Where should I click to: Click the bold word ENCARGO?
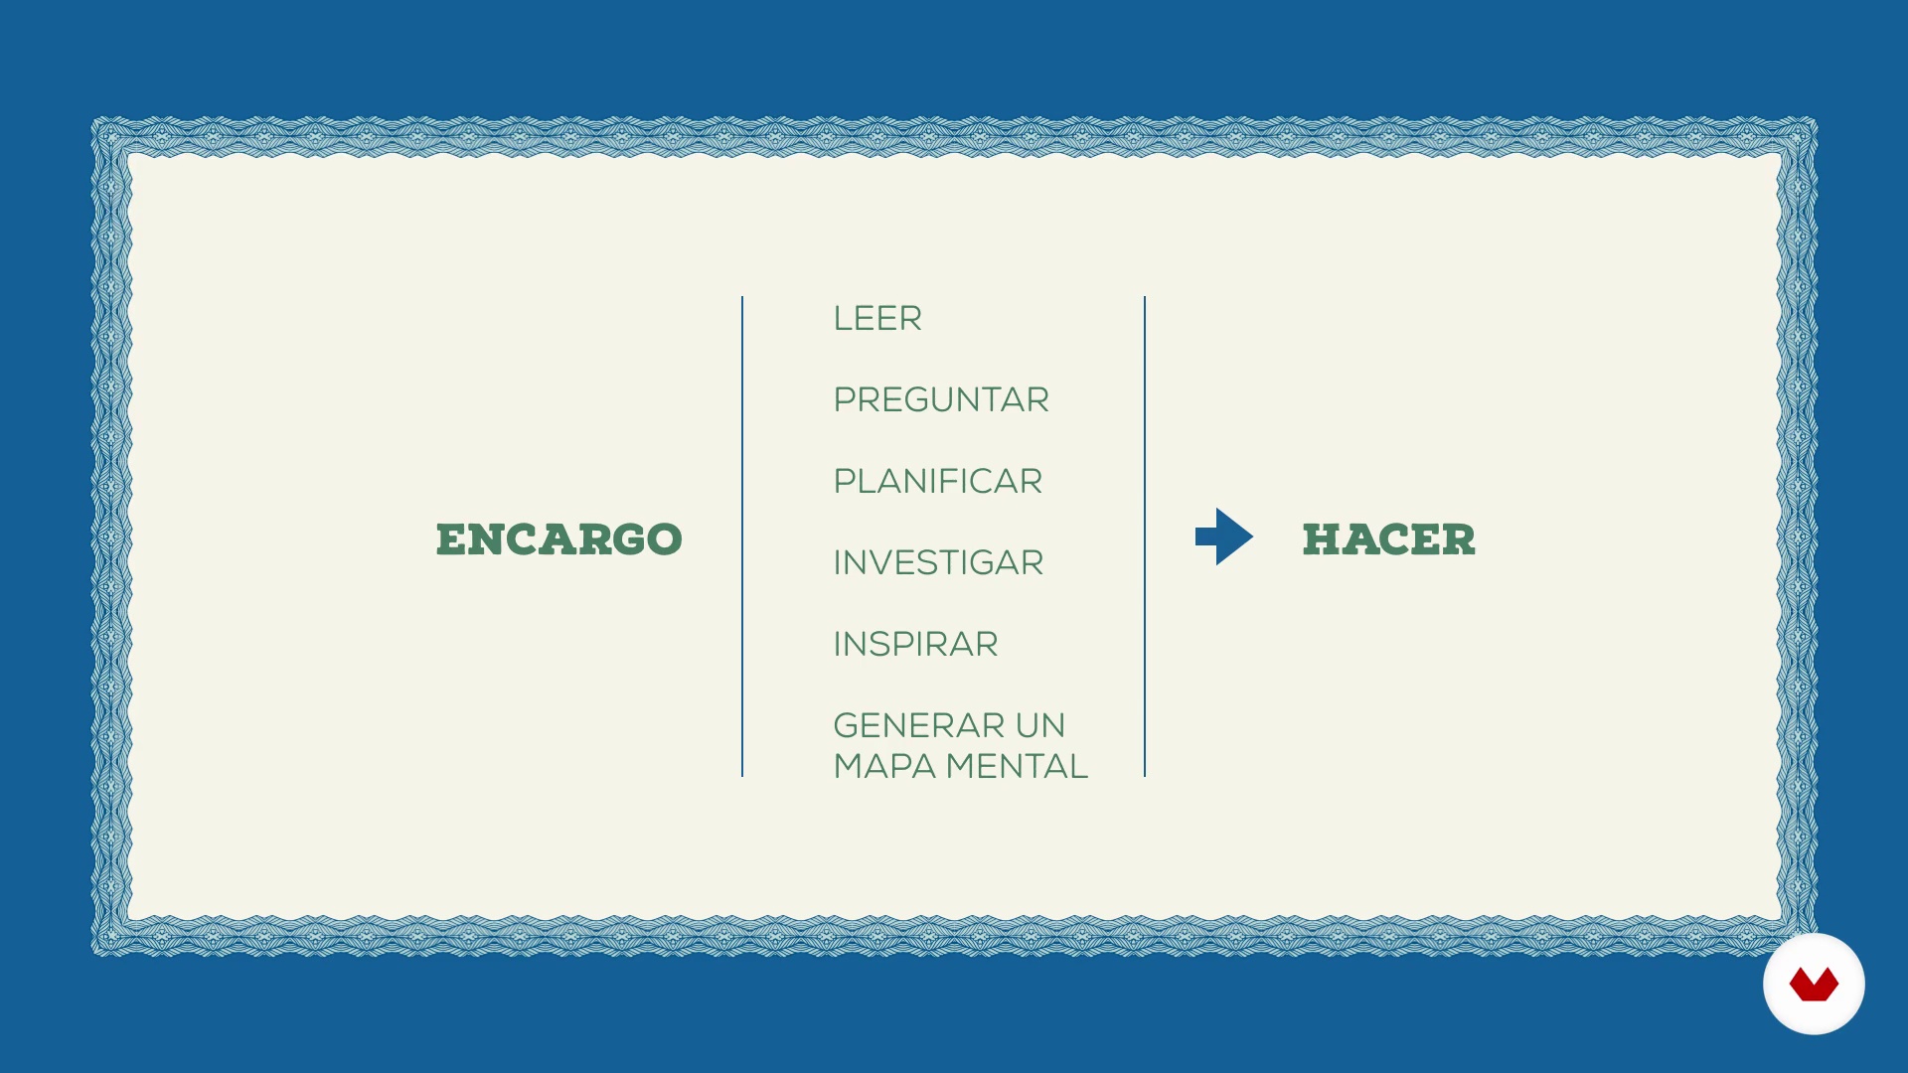pyautogui.click(x=559, y=539)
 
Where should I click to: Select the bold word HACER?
pyautogui.click(x=1389, y=539)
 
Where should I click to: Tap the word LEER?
pyautogui.click(x=877, y=319)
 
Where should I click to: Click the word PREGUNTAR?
pyautogui.click(x=941, y=400)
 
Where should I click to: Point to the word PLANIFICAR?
pyautogui.click(x=938, y=482)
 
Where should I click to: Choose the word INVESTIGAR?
pyautogui.click(x=938, y=563)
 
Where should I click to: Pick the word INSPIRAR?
pyautogui.click(x=915, y=645)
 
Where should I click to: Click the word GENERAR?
pyautogui.click(x=905, y=726)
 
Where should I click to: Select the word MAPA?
pyautogui.click(x=884, y=767)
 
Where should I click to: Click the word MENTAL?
pyautogui.click(x=1017, y=767)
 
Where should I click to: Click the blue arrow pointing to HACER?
pyautogui.click(x=1224, y=536)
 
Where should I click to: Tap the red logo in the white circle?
pyautogui.click(x=1814, y=985)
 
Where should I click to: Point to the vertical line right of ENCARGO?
pyautogui.click(x=742, y=536)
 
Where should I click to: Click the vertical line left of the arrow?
pyautogui.click(x=1145, y=536)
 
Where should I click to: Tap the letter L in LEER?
pyautogui.click(x=843, y=319)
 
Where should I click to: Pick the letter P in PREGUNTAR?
pyautogui.click(x=845, y=400)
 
